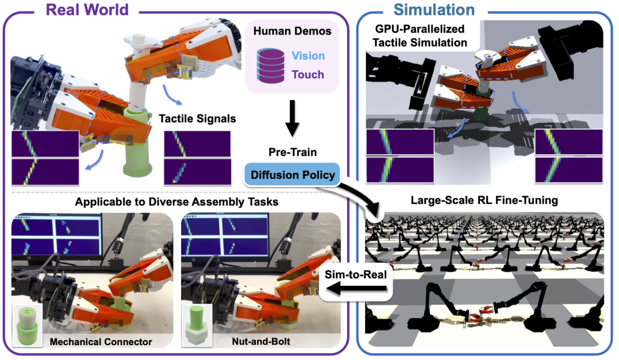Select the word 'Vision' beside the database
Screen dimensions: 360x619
pyautogui.click(x=308, y=56)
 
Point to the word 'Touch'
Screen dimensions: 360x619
pyautogui.click(x=308, y=74)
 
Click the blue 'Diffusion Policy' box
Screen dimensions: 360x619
pyautogui.click(x=291, y=175)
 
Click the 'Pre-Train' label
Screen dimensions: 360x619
pyautogui.click(x=291, y=153)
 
